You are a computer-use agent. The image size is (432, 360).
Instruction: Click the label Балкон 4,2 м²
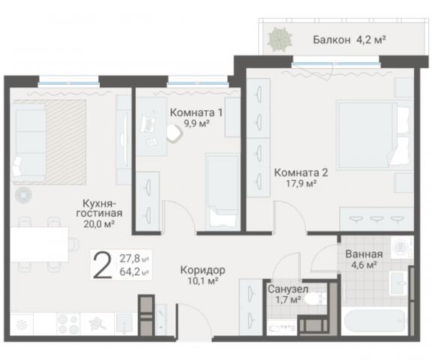point(339,40)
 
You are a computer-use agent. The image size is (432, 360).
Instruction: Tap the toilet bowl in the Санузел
point(318,299)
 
